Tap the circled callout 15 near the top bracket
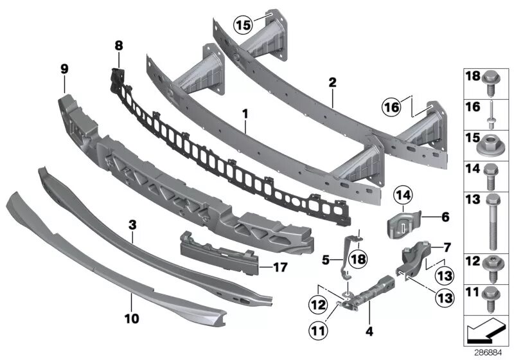coord(242,25)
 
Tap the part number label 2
coord(332,82)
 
